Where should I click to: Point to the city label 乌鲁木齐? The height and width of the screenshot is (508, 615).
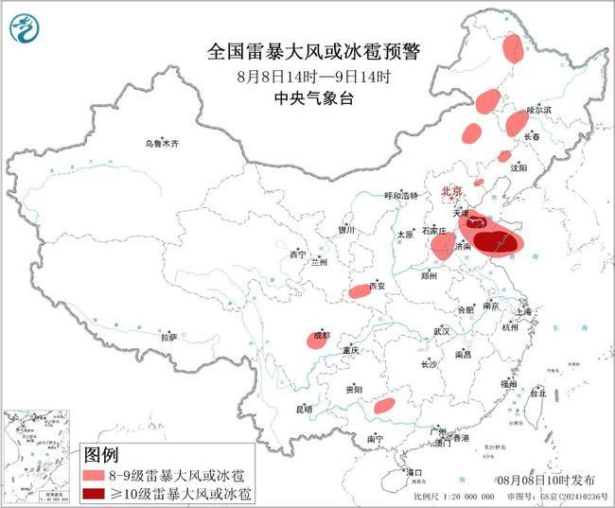click(x=161, y=143)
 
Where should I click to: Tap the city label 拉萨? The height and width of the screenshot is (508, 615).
click(x=168, y=337)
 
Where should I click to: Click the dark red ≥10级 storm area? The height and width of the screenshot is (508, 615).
click(x=493, y=240)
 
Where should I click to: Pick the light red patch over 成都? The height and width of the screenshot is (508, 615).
click(x=319, y=341)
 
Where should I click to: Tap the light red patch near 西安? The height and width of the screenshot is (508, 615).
click(x=360, y=291)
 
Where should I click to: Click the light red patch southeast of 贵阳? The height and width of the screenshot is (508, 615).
click(x=383, y=406)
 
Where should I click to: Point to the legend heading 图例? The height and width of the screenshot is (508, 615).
click(x=102, y=454)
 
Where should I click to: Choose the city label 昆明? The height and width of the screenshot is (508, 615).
click(x=303, y=409)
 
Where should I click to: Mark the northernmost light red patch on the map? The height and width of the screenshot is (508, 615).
click(x=512, y=47)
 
